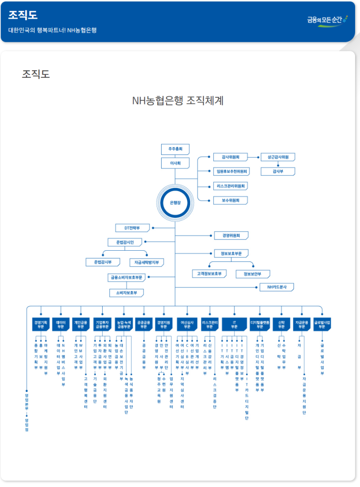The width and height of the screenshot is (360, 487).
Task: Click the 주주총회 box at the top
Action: pos(175,149)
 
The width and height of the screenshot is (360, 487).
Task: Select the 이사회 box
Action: pos(175,163)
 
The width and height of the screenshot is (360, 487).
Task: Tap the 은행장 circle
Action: pos(175,203)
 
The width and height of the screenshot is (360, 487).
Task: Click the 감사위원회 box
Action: pos(230,157)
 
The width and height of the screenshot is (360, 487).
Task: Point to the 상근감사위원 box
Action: pos(278,157)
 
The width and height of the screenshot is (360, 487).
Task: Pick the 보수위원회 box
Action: pos(230,200)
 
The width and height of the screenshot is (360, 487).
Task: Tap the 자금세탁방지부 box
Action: pos(147,262)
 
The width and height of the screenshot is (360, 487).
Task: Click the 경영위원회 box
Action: pos(231,235)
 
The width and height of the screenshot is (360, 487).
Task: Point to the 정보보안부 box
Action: pos(252,274)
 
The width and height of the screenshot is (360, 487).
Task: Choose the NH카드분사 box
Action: pos(277,287)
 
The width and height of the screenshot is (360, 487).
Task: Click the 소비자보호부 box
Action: pos(126,293)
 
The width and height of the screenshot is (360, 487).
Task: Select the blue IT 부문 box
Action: pos(234,325)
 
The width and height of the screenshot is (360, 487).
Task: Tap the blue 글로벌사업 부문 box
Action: pos(322,325)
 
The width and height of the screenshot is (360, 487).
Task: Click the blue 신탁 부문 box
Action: pos(281,325)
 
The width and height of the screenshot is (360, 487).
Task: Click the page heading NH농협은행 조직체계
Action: pos(178,100)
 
